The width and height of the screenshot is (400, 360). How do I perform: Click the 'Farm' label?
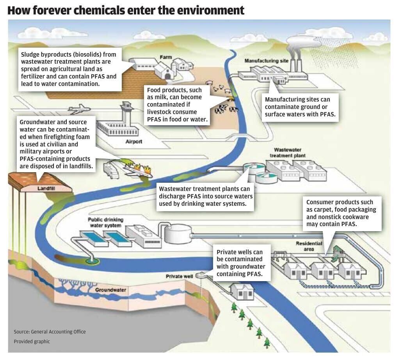pyautogui.click(x=165, y=57)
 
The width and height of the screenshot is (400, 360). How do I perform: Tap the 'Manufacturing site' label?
pyautogui.click(x=266, y=61)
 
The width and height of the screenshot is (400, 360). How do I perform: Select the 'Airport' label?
pyautogui.click(x=134, y=142)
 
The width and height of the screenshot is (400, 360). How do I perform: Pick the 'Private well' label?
pyautogui.click(x=180, y=276)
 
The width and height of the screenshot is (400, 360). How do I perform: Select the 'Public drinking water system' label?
pyautogui.click(x=105, y=223)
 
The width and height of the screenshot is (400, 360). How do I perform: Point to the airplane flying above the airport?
pyautogui.click(x=79, y=109)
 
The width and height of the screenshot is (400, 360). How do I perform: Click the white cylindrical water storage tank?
pyautogui.click(x=178, y=233)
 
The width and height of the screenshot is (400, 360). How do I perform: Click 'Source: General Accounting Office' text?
pyautogui.click(x=50, y=332)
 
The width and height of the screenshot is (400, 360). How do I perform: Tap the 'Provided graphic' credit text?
pyautogui.click(x=32, y=342)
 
